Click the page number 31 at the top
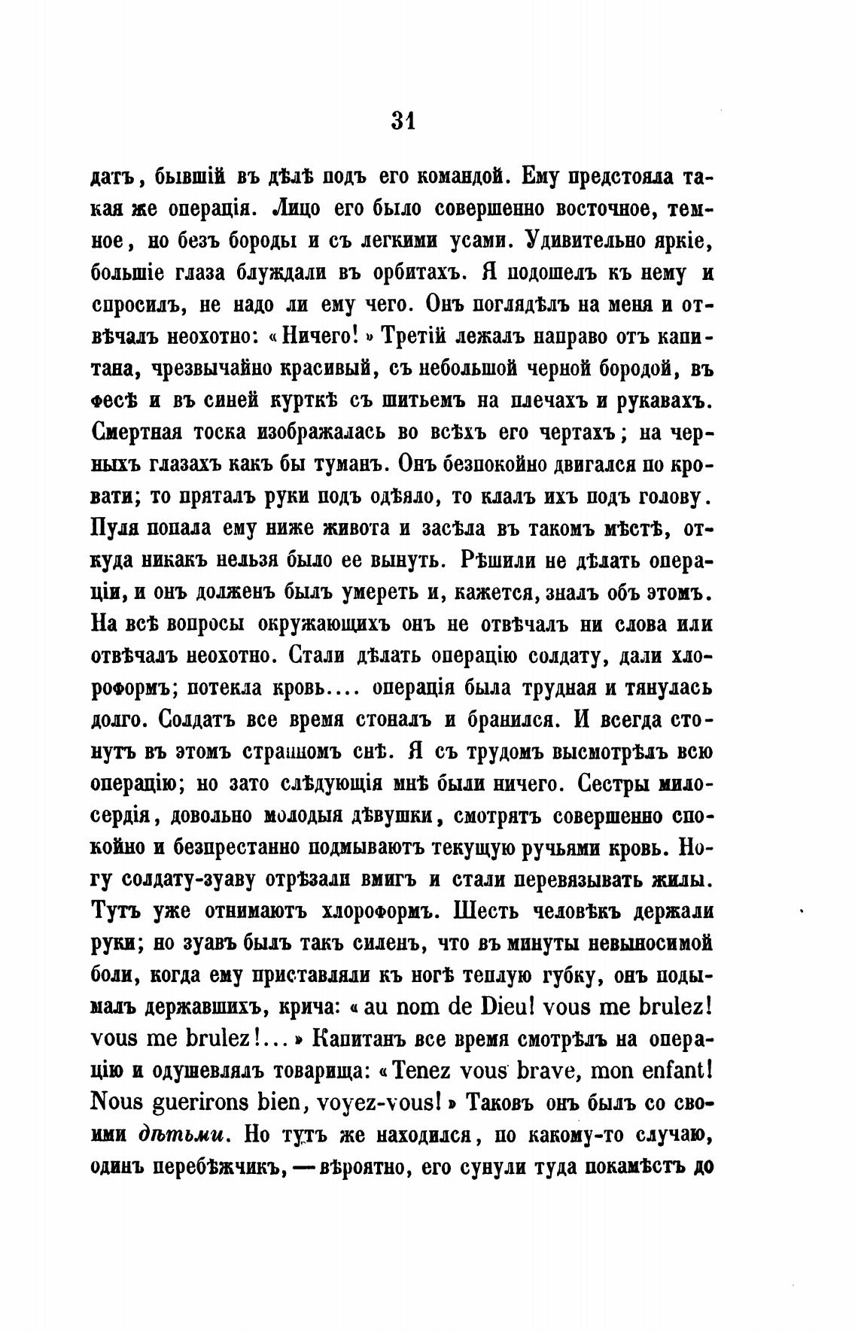pyautogui.click(x=403, y=120)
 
